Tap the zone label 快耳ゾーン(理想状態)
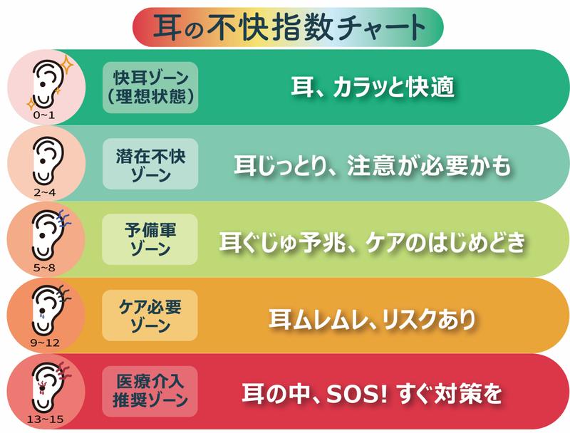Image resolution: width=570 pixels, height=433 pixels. [x=150, y=87]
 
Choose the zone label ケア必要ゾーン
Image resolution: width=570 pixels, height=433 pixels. [x=150, y=315]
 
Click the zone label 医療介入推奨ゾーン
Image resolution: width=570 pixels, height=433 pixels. [x=150, y=390]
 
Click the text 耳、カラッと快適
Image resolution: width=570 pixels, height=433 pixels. [x=373, y=87]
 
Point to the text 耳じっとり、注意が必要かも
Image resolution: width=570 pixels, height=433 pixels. [x=373, y=165]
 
